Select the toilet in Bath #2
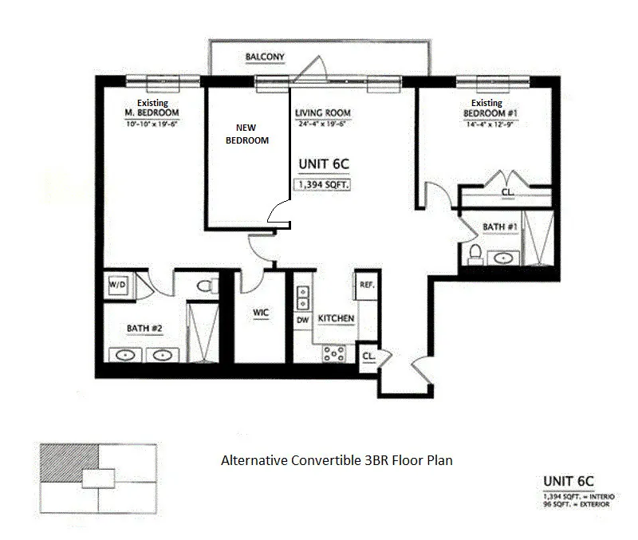pos(204,285)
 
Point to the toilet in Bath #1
pos(475,254)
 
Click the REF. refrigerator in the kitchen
pos(368,286)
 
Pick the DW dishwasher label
pos(302,320)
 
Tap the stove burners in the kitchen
pos(333,353)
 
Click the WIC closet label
pos(260,313)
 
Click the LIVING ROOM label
pos(323,113)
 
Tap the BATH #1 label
pos(500,227)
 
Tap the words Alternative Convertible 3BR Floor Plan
pos(337,460)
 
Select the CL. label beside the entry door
pos(369,355)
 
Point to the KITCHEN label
pos(336,319)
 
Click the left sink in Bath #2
pos(127,355)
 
